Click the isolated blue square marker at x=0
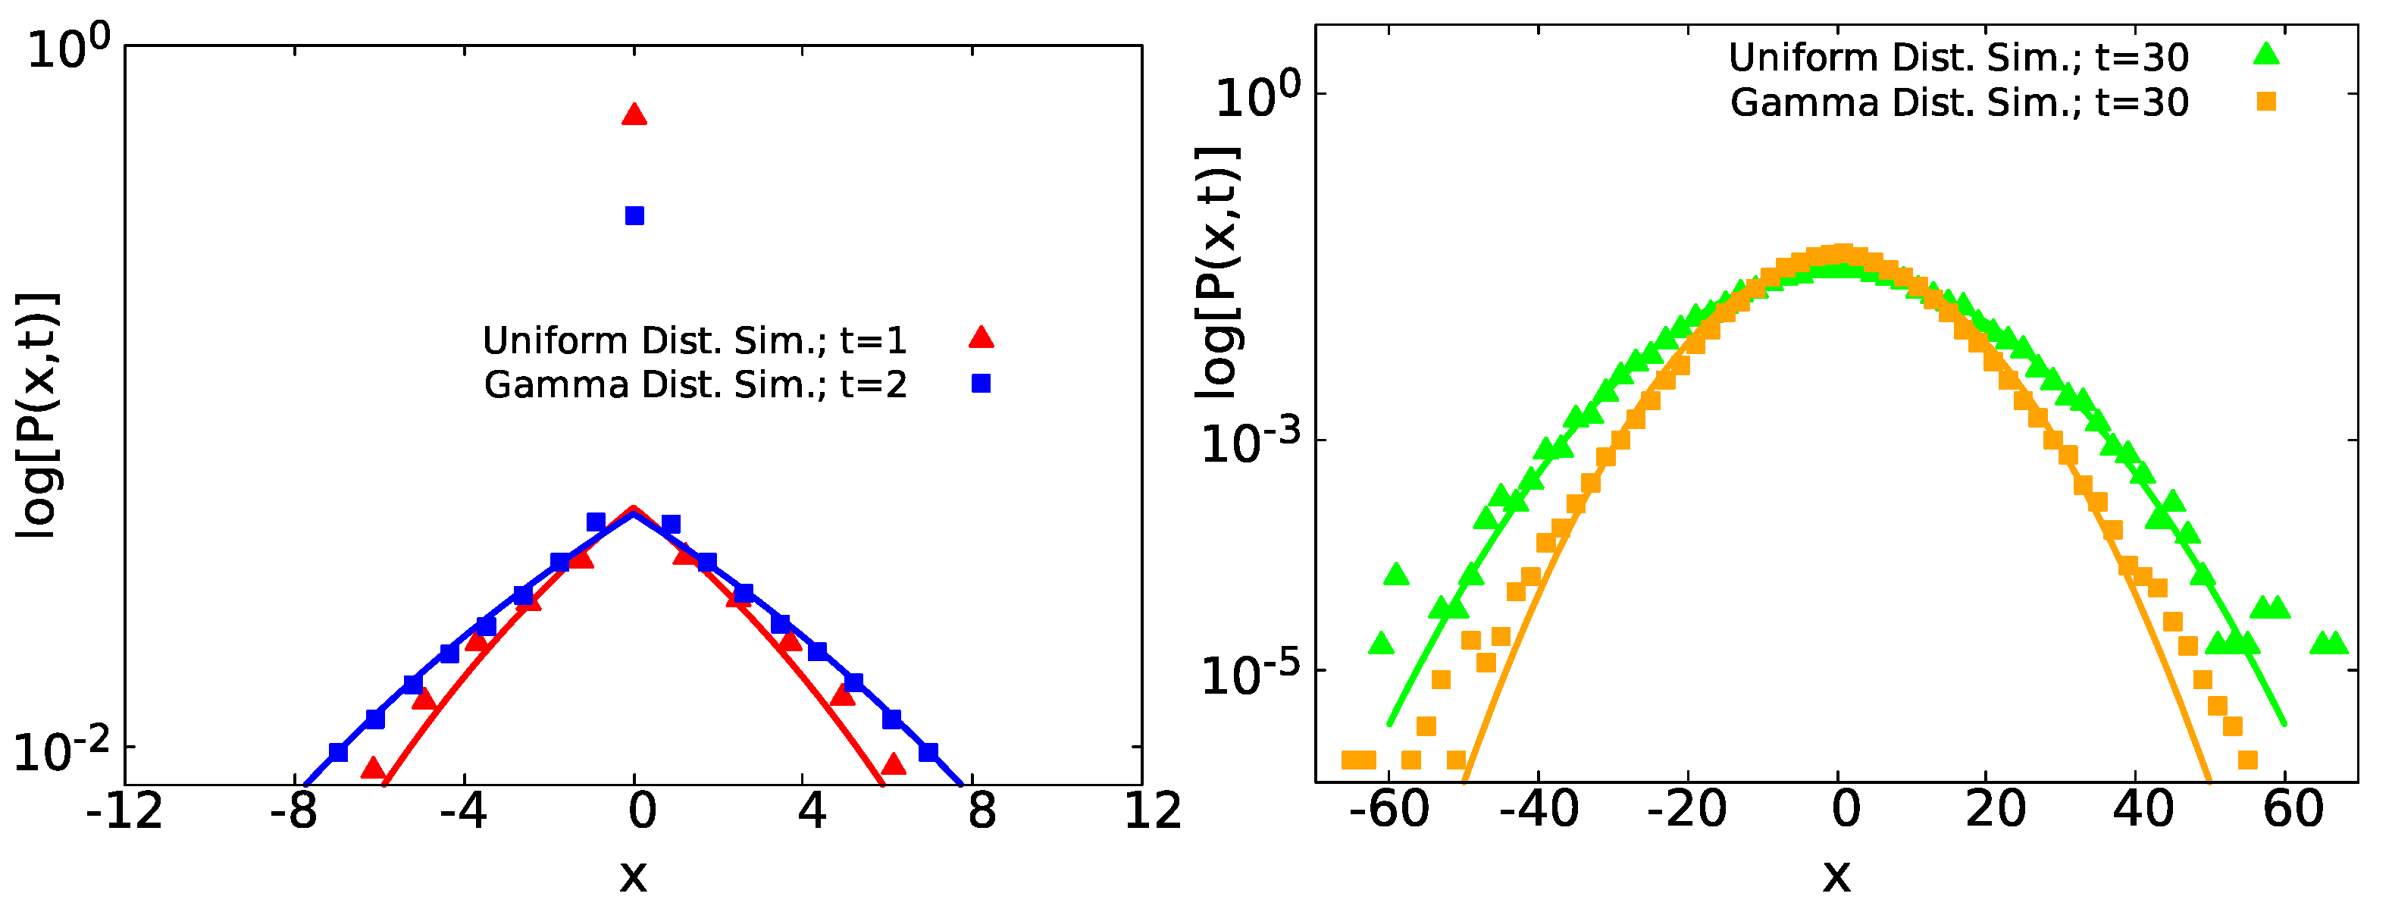click(x=634, y=216)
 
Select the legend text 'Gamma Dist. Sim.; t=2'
click(x=694, y=384)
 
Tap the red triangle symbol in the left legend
click(x=981, y=338)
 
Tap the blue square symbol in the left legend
click(x=981, y=384)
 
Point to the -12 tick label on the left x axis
click(x=124, y=810)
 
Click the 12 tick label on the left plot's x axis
click(x=1151, y=810)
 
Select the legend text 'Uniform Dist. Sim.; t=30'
click(x=1958, y=58)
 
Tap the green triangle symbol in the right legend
click(x=2267, y=55)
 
